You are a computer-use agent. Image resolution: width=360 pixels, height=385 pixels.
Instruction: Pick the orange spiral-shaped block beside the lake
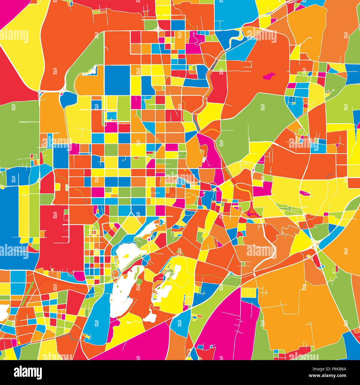(x=115, y=274)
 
